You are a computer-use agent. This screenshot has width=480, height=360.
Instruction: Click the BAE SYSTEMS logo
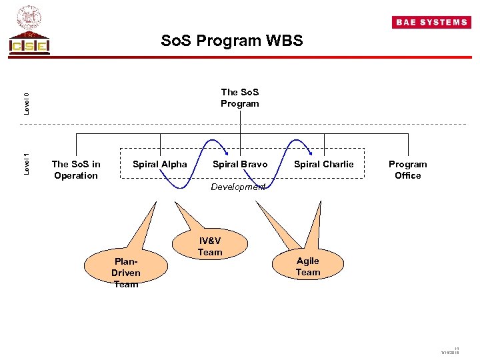[431, 22]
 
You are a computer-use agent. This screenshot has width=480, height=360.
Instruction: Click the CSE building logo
[29, 43]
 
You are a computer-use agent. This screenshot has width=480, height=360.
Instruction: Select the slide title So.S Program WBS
[231, 41]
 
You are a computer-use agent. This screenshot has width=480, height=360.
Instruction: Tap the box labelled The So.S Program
[240, 98]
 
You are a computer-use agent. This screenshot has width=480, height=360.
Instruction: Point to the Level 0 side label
[26, 102]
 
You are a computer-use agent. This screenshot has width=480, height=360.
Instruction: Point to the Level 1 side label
[26, 164]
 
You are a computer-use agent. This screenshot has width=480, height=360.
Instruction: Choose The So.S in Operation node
[76, 169]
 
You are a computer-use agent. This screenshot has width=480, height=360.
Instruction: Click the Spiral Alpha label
[160, 164]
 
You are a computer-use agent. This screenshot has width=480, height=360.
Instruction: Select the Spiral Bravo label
[240, 164]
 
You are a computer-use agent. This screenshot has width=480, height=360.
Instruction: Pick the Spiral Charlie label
[324, 164]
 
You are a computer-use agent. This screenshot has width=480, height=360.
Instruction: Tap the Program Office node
[408, 169]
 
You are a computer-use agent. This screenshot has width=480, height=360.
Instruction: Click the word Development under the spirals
[237, 187]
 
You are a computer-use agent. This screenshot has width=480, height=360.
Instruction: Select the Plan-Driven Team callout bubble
[126, 272]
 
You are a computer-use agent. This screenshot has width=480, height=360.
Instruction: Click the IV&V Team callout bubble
[210, 246]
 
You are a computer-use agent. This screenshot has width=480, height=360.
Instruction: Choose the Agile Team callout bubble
[308, 266]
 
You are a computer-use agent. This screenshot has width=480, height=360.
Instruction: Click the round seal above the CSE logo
[29, 17]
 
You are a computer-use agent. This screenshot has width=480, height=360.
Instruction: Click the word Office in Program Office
[408, 175]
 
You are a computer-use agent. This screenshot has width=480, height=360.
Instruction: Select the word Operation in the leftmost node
[76, 175]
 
